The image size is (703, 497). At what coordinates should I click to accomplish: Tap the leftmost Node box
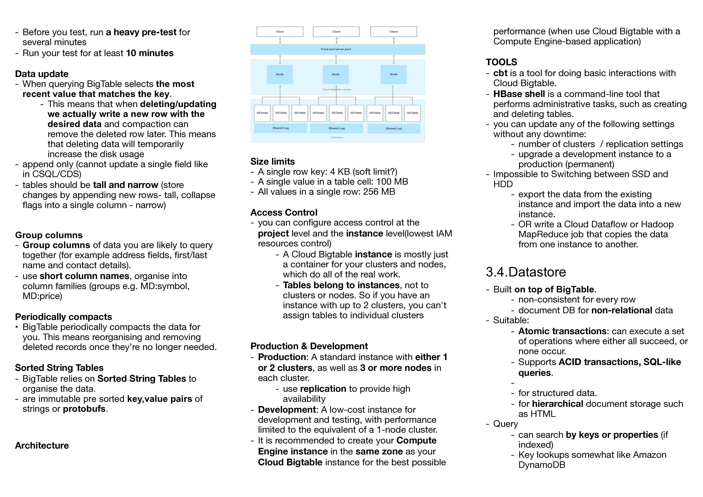pyautogui.click(x=280, y=74)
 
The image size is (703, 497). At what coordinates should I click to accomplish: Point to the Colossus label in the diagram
pyautogui.click(x=336, y=138)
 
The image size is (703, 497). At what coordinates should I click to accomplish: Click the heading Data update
pyautogui.click(x=42, y=74)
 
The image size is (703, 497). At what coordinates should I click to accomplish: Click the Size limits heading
pyautogui.click(x=272, y=161)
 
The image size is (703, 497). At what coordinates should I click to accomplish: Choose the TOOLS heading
pyautogui.click(x=501, y=62)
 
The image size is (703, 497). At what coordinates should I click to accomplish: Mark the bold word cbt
pyautogui.click(x=500, y=73)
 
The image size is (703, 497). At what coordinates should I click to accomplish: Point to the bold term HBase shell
pyautogui.click(x=519, y=94)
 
